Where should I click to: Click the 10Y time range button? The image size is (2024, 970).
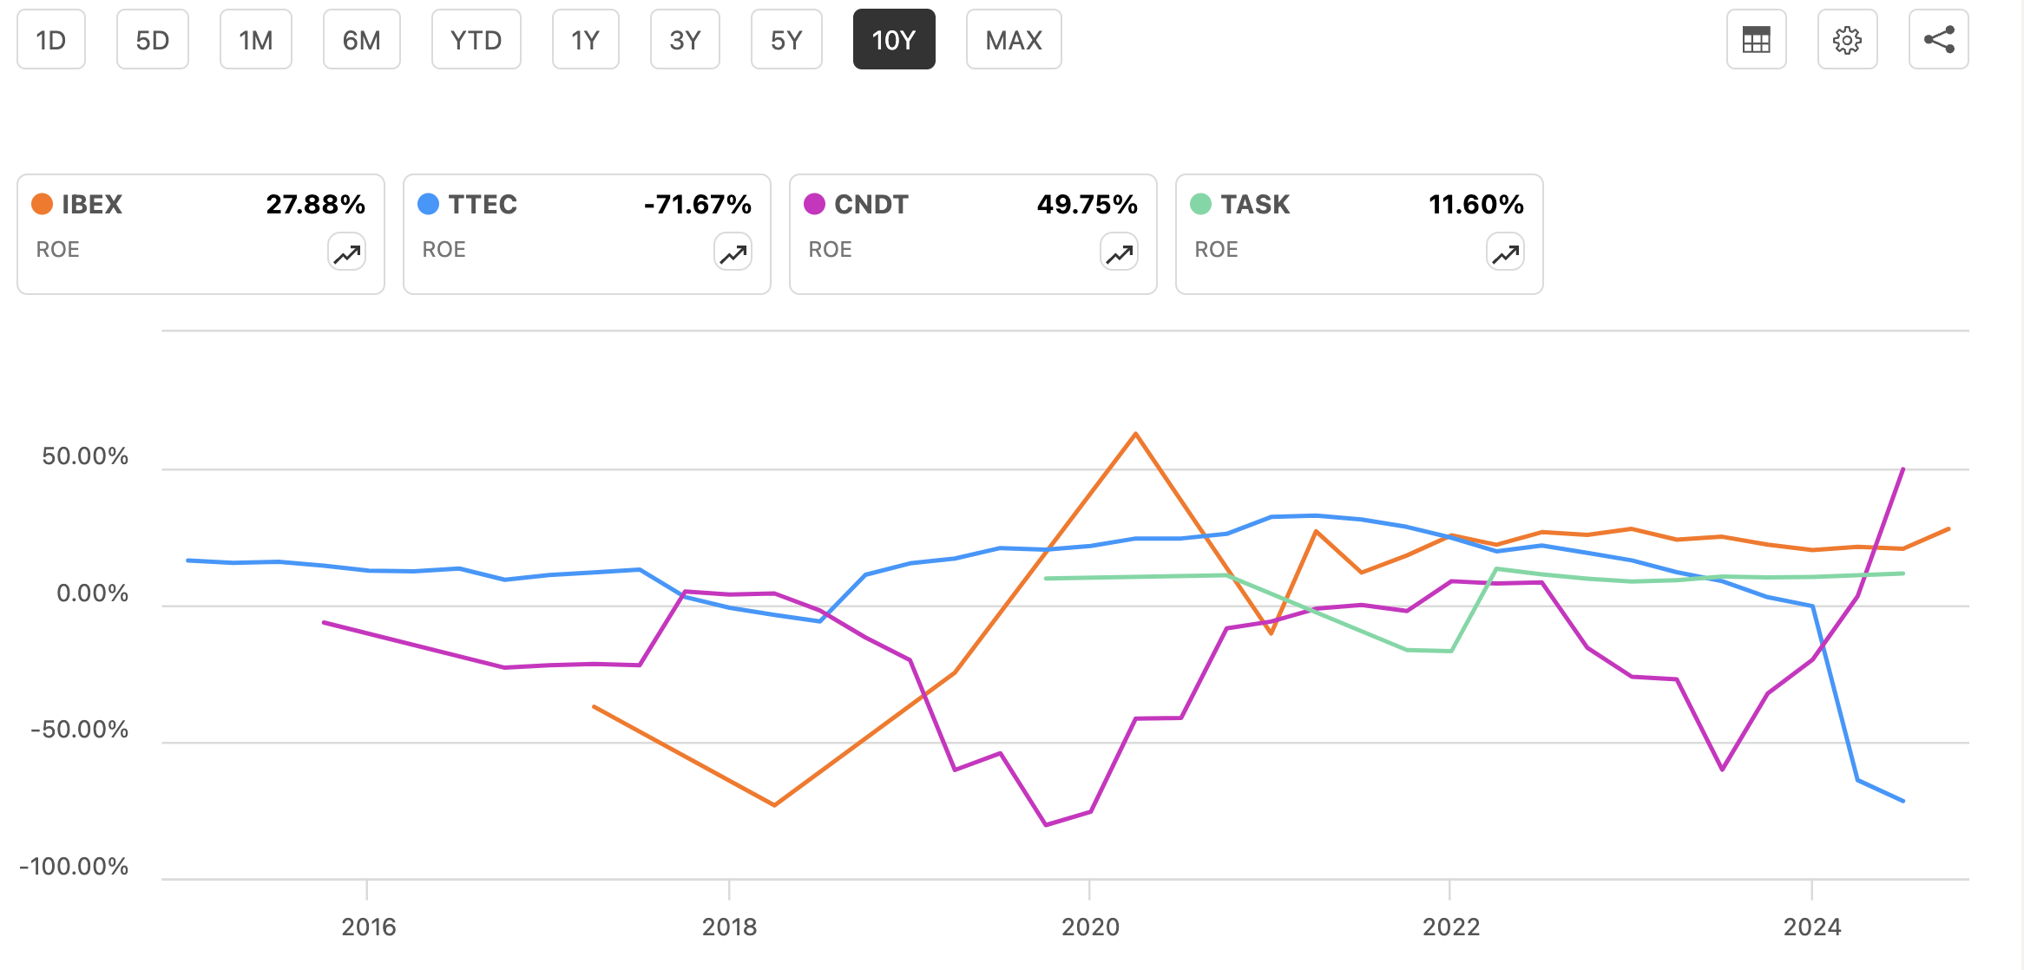coord(893,40)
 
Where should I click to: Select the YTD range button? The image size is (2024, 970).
coord(476,40)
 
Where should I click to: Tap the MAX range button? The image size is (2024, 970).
coord(1013,40)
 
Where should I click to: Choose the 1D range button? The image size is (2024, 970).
coord(51,40)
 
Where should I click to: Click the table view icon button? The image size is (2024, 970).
coord(1756,40)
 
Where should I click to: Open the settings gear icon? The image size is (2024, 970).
coord(1847,40)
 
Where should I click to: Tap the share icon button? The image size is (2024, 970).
coord(1938,40)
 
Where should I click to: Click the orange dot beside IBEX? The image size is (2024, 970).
coord(42,204)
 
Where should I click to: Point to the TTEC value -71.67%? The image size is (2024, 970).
coord(697,204)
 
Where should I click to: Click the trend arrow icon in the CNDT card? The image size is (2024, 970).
coord(1119,253)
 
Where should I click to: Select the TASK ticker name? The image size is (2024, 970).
coord(1255,204)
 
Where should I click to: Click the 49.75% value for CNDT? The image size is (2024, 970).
coord(1087,204)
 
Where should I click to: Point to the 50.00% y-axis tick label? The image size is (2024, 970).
coord(85,456)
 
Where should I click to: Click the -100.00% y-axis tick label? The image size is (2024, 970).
coord(75,866)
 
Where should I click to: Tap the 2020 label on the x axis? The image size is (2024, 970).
coord(1090,927)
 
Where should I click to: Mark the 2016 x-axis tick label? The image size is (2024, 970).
coord(368,927)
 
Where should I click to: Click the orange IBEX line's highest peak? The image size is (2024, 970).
coord(1135,434)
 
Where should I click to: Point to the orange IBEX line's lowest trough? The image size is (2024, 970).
coord(774,805)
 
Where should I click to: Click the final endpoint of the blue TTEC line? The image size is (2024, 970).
coord(1903,801)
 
